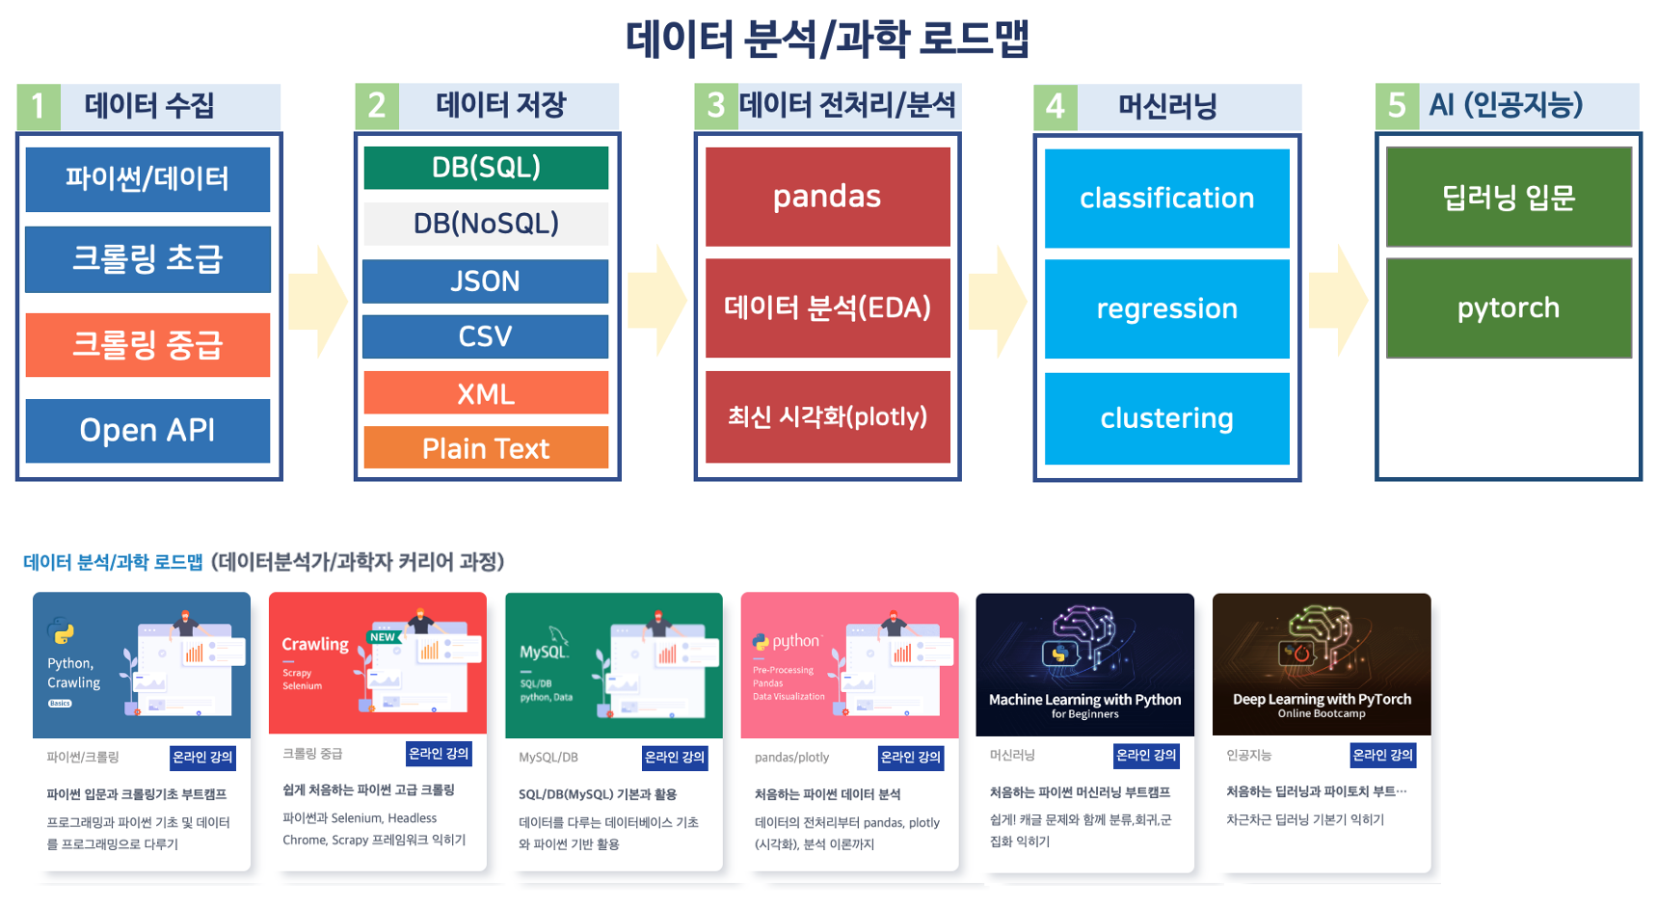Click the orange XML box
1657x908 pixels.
[486, 393]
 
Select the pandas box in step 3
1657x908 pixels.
[827, 197]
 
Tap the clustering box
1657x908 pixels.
[1166, 418]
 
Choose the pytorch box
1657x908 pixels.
[1508, 308]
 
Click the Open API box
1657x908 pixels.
[147, 430]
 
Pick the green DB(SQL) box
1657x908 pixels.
[486, 168]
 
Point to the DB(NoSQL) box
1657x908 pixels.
[486, 224]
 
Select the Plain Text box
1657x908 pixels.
[486, 448]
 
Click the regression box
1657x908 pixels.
[1166, 308]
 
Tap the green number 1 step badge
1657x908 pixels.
[39, 106]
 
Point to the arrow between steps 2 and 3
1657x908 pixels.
[656, 300]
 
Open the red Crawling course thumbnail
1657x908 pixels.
[377, 664]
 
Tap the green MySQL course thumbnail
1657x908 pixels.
[613, 665]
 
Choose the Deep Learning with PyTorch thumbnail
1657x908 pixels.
[1321, 665]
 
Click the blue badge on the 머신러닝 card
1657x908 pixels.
[1145, 756]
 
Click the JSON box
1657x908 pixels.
[486, 281]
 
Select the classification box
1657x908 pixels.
[1166, 199]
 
